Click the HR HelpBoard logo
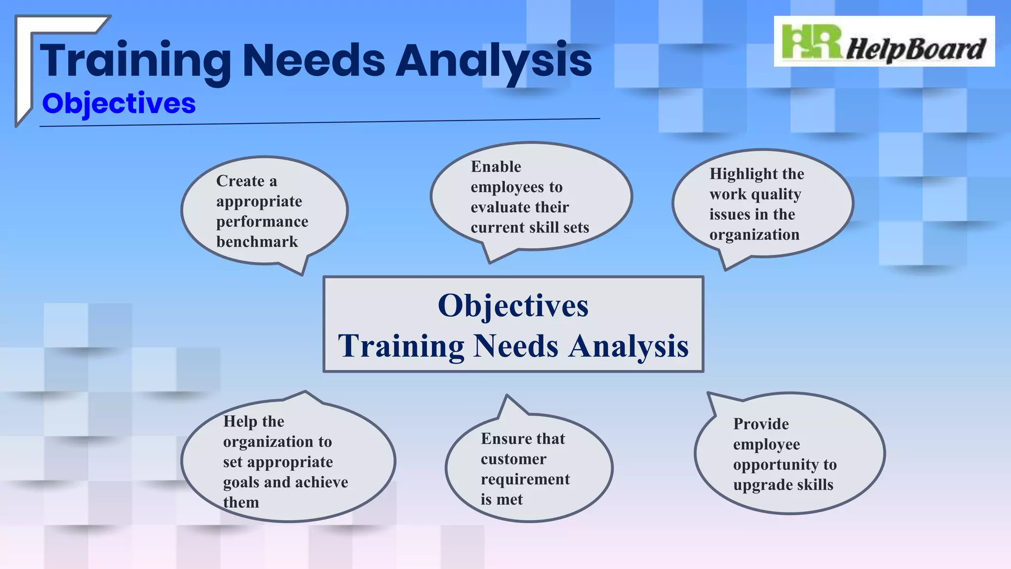(x=884, y=42)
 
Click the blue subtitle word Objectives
(x=119, y=104)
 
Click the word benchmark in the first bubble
(x=257, y=242)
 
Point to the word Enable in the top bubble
(x=496, y=167)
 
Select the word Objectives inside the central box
(x=513, y=306)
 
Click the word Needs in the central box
(x=515, y=346)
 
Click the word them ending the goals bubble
(x=241, y=502)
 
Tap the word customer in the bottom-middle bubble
(x=513, y=459)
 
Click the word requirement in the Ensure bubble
(x=525, y=480)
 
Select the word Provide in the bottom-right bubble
(x=761, y=424)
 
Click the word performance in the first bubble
(x=262, y=222)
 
